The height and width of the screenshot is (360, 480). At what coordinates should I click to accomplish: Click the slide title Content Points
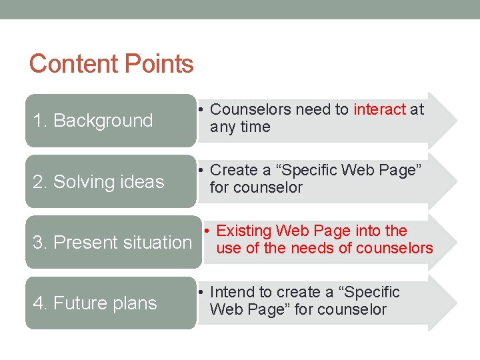111,64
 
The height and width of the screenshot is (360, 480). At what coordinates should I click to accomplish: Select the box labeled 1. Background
111,121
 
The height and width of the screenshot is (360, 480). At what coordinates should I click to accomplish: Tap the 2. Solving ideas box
111,181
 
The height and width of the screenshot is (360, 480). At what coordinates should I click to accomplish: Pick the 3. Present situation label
112,242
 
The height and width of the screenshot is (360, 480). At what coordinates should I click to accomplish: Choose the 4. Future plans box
111,303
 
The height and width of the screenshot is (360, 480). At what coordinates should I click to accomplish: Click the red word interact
379,109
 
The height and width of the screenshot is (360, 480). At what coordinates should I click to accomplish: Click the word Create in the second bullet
233,170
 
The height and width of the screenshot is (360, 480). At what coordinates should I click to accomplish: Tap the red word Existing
244,231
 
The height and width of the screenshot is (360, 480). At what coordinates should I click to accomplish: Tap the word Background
103,121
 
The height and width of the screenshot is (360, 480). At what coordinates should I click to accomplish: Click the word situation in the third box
159,242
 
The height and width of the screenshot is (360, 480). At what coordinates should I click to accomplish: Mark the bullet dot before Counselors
201,109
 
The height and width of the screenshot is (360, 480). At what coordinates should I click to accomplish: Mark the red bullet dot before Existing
208,231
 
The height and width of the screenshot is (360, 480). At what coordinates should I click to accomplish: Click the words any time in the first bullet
240,127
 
